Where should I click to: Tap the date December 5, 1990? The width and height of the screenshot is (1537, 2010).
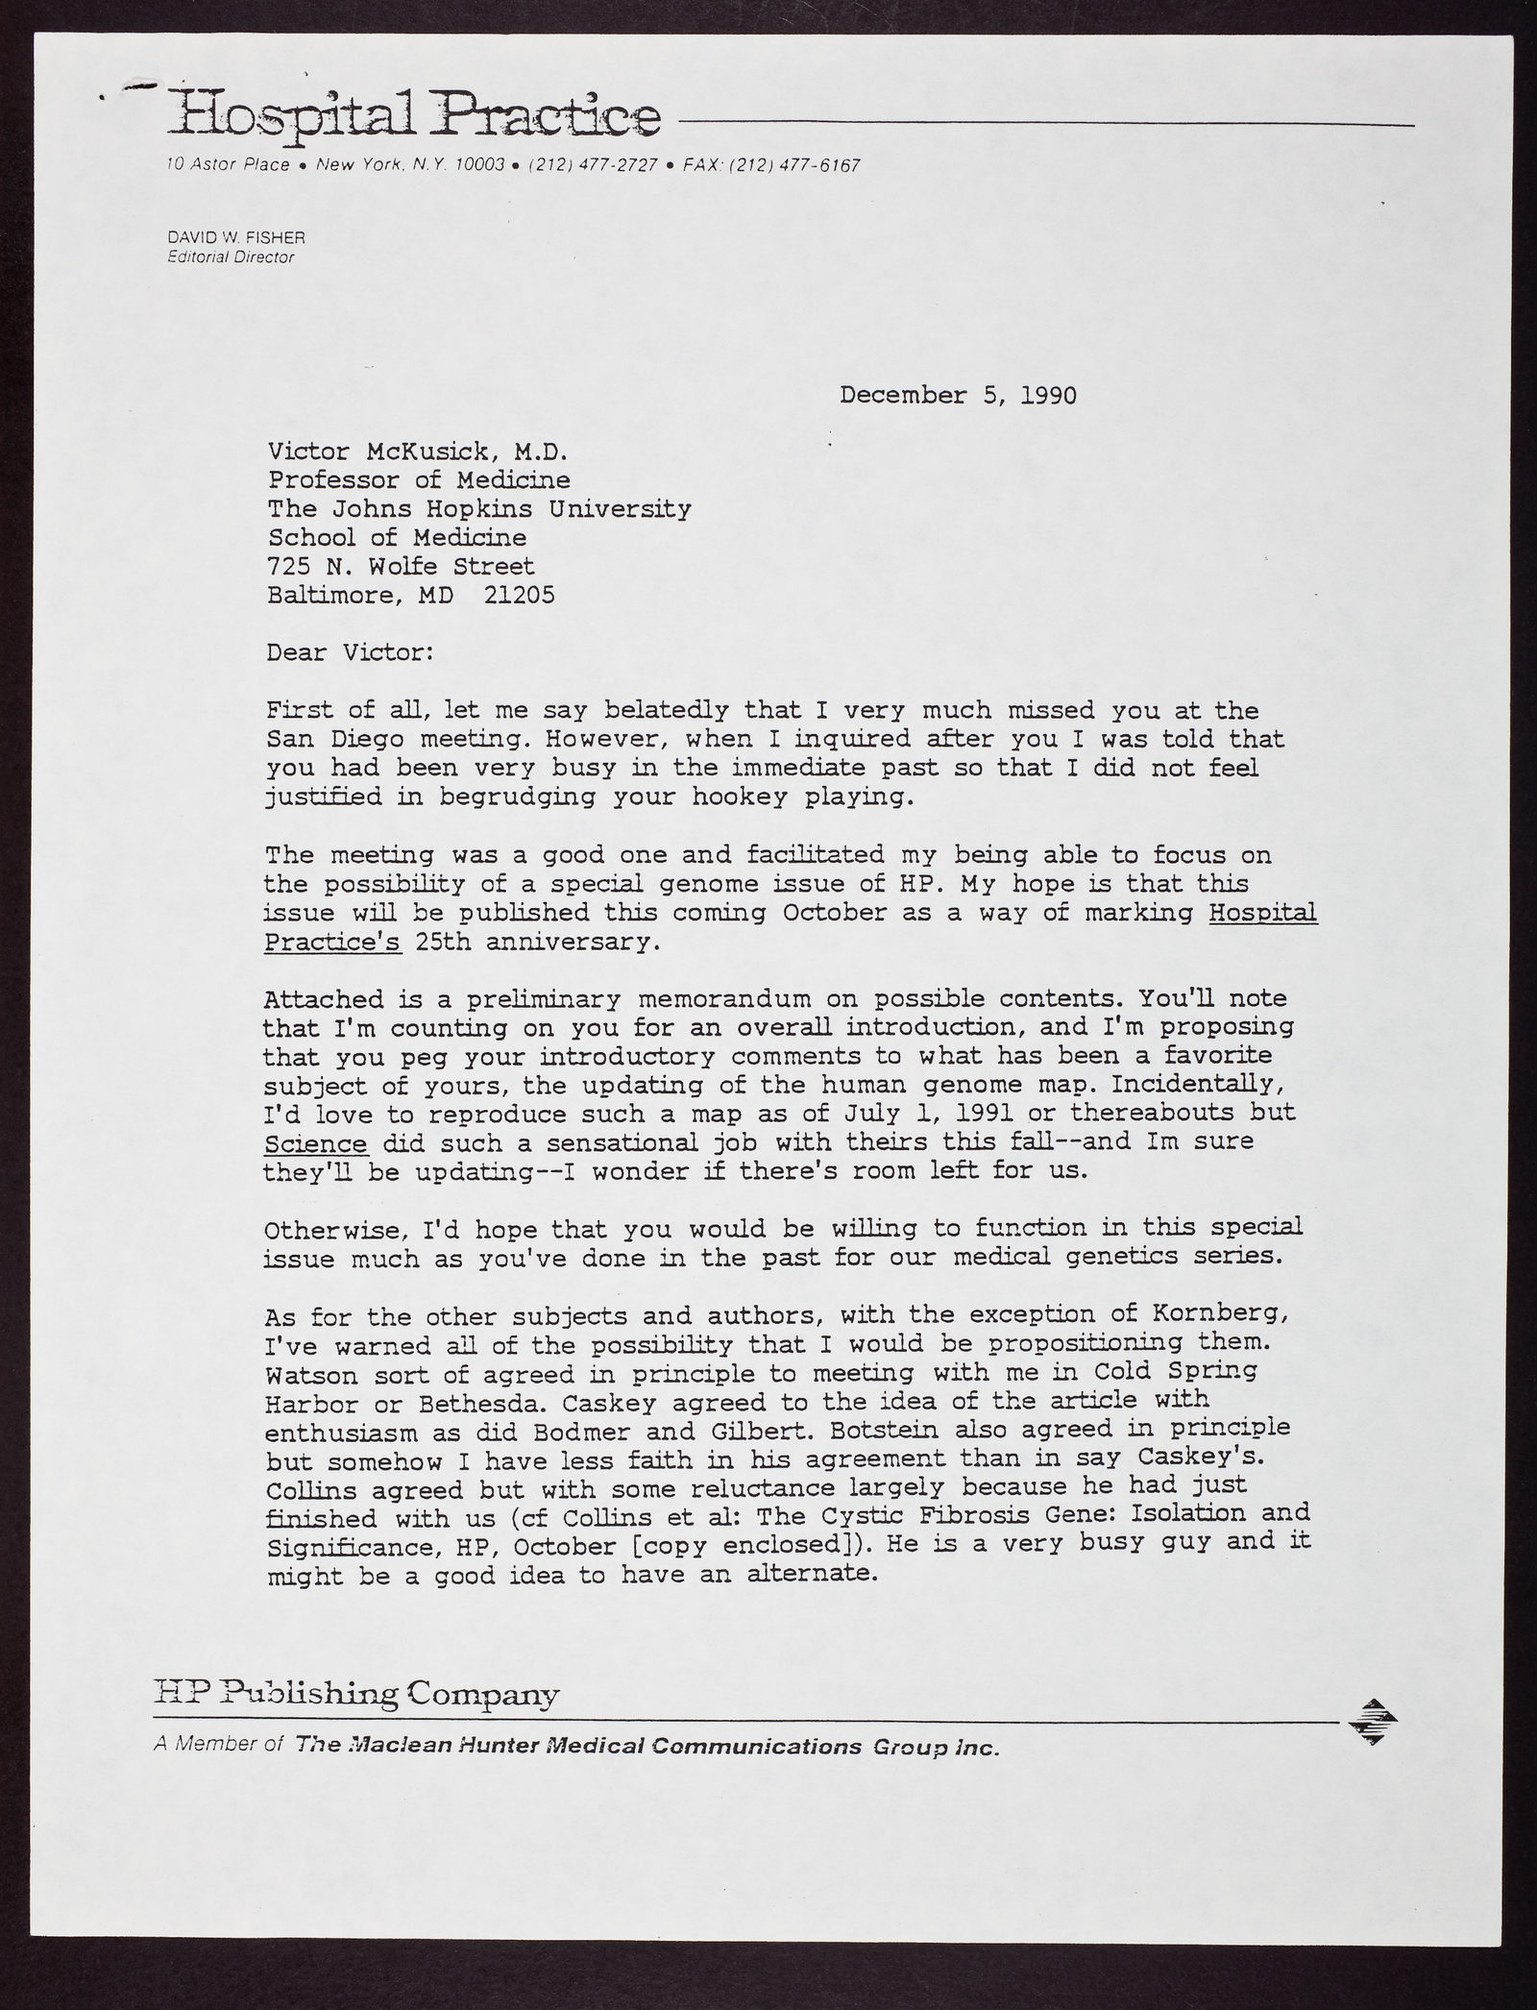957,395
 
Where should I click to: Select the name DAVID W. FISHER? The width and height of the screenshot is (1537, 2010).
235,237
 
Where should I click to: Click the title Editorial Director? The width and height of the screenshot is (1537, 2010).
231,257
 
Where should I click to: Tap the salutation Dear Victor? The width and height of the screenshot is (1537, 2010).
350,653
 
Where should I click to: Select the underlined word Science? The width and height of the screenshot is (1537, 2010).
314,1143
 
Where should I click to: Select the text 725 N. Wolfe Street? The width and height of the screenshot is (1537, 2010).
401,567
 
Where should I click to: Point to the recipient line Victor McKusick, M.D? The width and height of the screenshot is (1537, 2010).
419,452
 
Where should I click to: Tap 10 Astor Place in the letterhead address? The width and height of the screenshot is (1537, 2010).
228,165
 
